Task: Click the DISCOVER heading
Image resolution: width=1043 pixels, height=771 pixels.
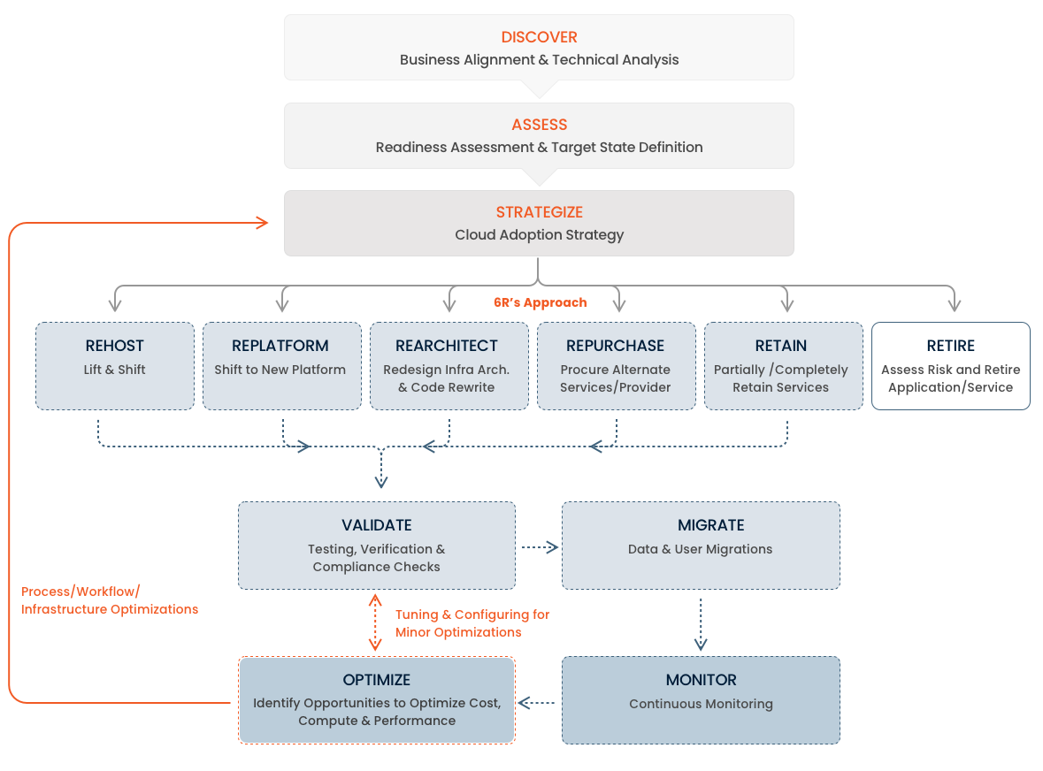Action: (539, 37)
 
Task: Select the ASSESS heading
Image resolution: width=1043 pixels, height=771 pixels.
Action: (539, 125)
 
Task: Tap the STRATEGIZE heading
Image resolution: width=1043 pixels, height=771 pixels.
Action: (539, 212)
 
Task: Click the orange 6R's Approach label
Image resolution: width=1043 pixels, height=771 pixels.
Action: (540, 302)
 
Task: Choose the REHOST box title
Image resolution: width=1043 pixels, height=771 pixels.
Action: (115, 346)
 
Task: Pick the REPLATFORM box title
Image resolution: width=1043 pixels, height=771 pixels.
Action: (280, 346)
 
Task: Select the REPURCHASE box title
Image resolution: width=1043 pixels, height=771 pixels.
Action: (615, 346)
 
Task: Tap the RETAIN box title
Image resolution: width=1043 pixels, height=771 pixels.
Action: (781, 346)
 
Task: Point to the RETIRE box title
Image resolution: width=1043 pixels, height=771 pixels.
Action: (951, 346)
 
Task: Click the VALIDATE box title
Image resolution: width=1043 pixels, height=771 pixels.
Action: (377, 525)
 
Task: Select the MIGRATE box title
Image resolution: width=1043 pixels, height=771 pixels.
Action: (700, 525)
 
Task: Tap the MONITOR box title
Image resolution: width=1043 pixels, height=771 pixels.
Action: (701, 680)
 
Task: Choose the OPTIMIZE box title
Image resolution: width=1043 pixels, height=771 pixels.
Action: (377, 680)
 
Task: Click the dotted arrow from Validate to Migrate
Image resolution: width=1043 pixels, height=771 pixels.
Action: (539, 547)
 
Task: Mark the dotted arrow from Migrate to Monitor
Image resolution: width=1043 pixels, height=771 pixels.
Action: (701, 623)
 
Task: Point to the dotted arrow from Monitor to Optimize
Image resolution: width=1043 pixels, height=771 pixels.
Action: (537, 703)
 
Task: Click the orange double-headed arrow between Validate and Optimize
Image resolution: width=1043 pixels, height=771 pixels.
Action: (375, 622)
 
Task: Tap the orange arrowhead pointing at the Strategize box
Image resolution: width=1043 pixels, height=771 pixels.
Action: (262, 223)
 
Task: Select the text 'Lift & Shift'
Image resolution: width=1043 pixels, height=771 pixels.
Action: (115, 370)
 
